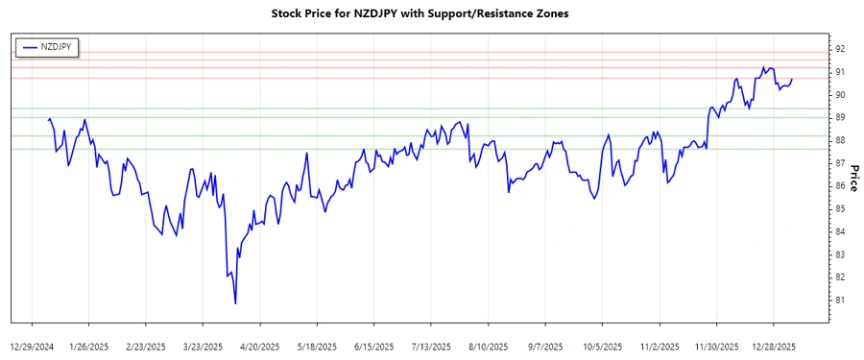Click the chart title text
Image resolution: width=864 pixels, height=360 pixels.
point(432,14)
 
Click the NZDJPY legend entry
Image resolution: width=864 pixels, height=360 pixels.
point(53,45)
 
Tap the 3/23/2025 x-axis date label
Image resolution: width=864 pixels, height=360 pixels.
point(204,346)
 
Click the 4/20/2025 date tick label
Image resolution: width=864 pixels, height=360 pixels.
point(259,346)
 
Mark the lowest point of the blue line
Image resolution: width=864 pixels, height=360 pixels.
point(235,304)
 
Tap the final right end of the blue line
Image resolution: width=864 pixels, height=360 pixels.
point(792,79)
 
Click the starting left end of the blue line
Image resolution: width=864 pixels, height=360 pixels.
point(48,120)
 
